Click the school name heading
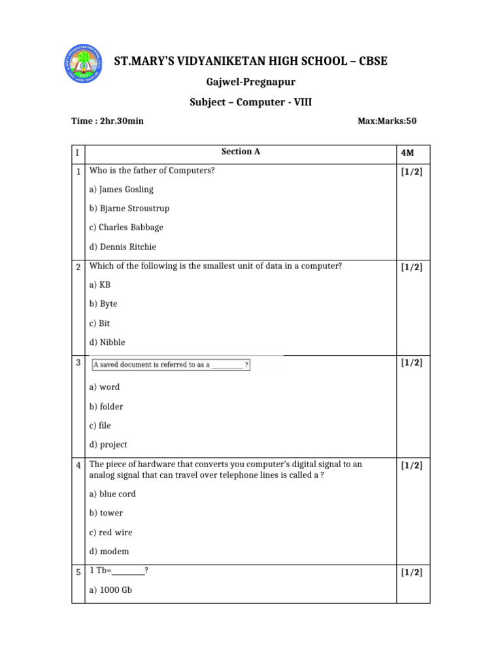click(251, 61)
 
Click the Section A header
click(241, 152)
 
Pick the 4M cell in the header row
click(407, 153)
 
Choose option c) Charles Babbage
click(126, 228)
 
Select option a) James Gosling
click(122, 189)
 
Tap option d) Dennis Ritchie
click(123, 247)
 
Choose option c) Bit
click(99, 323)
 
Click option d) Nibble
click(107, 342)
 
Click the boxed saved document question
click(171, 364)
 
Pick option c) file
click(100, 425)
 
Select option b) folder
click(106, 406)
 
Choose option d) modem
click(109, 552)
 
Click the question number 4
click(78, 465)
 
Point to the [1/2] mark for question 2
click(412, 267)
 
